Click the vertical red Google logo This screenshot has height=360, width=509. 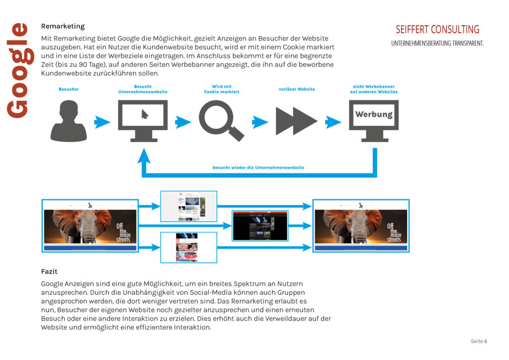pyautogui.click(x=17, y=70)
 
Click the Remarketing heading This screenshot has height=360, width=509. pyautogui.click(x=63, y=26)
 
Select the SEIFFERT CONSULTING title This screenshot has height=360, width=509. pyautogui.click(x=437, y=29)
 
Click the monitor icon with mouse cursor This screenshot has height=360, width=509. pyautogui.click(x=143, y=120)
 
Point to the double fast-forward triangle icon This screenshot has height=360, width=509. pyautogui.click(x=296, y=121)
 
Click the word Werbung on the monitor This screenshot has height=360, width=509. pyautogui.click(x=374, y=114)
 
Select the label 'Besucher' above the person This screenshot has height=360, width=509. pyautogui.click(x=69, y=90)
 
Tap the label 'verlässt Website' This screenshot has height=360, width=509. pyautogui.click(x=297, y=90)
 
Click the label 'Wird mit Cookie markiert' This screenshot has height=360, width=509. pyautogui.click(x=222, y=90)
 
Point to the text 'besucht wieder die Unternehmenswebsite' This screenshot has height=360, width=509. pyautogui.click(x=258, y=168)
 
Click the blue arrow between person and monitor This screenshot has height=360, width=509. pyautogui.click(x=102, y=121)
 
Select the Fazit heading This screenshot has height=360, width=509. pyautogui.click(x=49, y=271)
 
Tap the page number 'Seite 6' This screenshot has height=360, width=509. pyautogui.click(x=479, y=341)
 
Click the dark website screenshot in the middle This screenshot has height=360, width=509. pyautogui.click(x=260, y=226)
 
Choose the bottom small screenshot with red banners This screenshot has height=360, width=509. pyautogui.click(x=188, y=247)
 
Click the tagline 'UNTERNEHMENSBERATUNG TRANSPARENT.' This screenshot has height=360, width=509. pyautogui.click(x=437, y=43)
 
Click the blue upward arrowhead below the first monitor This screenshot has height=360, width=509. pyautogui.click(x=144, y=156)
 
